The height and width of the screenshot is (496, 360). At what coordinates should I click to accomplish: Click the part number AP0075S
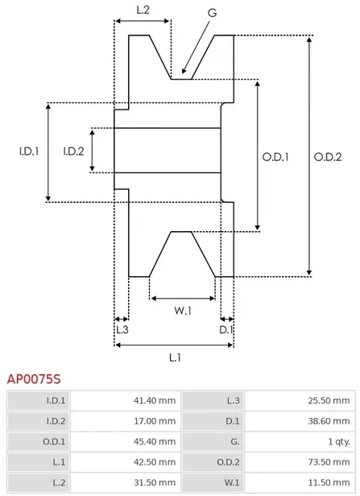pyautogui.click(x=34, y=377)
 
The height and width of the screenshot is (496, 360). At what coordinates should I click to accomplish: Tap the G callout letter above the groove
pyautogui.click(x=212, y=14)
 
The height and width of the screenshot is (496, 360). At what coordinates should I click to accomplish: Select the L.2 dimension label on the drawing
pyautogui.click(x=143, y=10)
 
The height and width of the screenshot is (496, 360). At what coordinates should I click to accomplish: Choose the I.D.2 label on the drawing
pyautogui.click(x=74, y=151)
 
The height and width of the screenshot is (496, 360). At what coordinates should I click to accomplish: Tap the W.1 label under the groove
pyautogui.click(x=183, y=311)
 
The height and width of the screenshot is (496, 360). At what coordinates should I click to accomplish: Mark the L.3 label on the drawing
pyautogui.click(x=122, y=329)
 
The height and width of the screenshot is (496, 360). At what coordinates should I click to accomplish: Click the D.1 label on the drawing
pyautogui.click(x=227, y=329)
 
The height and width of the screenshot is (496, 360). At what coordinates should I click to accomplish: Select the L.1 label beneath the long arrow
pyautogui.click(x=174, y=357)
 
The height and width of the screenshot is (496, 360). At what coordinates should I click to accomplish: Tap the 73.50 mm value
pyautogui.click(x=331, y=462)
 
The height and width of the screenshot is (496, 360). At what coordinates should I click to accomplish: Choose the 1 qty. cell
pyautogui.click(x=337, y=441)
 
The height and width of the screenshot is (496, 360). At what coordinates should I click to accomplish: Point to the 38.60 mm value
pyautogui.click(x=331, y=420)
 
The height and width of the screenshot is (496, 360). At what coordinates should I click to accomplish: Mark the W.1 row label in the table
pyautogui.click(x=234, y=483)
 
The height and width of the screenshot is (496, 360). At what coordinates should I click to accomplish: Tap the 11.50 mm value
pyautogui.click(x=331, y=483)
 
